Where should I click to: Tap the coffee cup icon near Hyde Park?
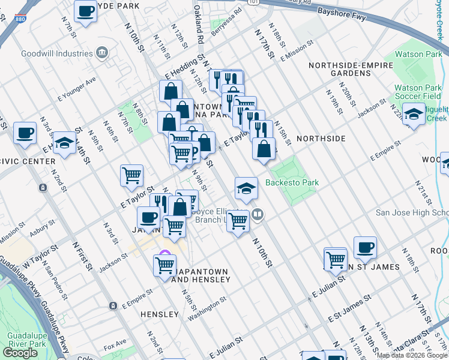(86, 11)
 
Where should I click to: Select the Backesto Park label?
(292, 182)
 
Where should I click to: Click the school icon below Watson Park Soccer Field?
(414, 114)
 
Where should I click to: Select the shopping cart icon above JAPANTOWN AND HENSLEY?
(164, 264)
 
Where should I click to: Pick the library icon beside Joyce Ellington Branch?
(258, 214)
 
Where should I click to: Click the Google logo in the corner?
(20, 353)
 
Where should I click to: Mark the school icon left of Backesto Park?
(246, 188)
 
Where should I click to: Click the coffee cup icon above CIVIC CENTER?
(25, 133)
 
